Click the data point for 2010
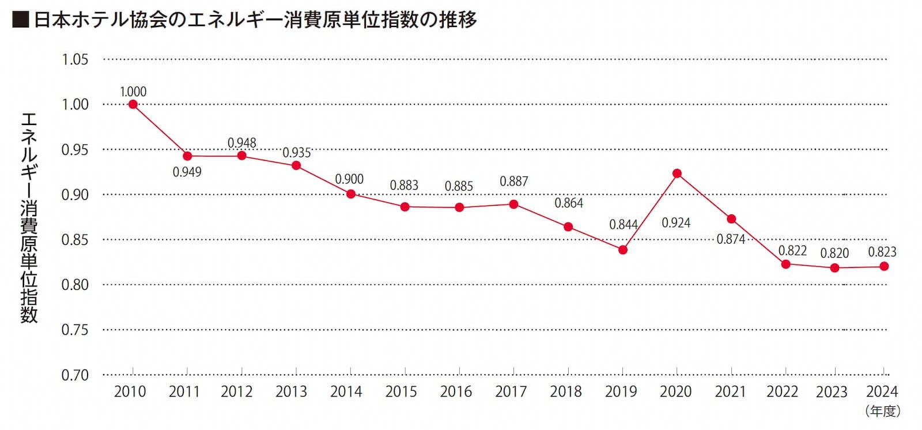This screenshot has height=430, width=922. click(133, 104)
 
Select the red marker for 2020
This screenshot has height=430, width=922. click(677, 173)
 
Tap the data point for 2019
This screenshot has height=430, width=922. click(623, 250)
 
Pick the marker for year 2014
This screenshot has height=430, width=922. click(350, 194)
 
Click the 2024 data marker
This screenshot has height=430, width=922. click(884, 266)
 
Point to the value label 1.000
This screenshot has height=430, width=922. click(133, 92)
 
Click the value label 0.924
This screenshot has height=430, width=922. click(676, 222)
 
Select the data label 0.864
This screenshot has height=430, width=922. click(569, 203)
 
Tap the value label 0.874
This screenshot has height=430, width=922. click(731, 239)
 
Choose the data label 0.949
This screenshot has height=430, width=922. click(187, 172)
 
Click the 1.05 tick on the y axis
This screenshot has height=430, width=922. click(75, 59)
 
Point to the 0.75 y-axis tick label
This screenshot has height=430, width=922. click(75, 330)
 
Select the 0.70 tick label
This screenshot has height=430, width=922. click(75, 375)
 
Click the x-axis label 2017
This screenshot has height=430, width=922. click(511, 392)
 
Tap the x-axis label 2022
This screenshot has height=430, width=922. click(782, 392)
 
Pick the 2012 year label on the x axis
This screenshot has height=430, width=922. click(237, 392)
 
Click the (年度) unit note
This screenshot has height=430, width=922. click(882, 412)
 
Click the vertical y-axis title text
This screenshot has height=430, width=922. click(29, 217)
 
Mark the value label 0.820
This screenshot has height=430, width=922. click(834, 253)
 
